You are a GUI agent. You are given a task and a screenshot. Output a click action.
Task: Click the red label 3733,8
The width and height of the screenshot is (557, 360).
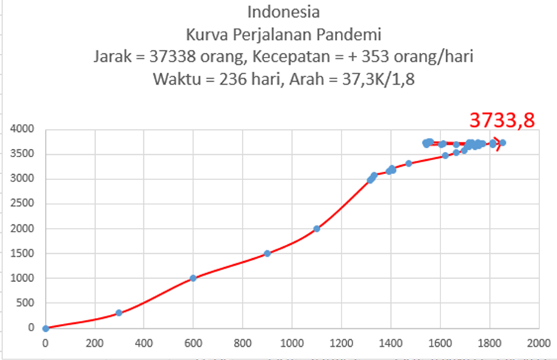click(502, 120)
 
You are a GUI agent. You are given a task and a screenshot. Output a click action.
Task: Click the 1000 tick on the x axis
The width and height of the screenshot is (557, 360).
click(291, 342)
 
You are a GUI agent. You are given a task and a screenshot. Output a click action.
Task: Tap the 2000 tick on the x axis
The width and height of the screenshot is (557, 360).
click(538, 342)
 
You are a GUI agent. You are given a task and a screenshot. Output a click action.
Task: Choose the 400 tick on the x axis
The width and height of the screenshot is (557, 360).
click(143, 342)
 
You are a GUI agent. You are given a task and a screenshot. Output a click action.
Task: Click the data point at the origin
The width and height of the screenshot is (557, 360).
click(45, 328)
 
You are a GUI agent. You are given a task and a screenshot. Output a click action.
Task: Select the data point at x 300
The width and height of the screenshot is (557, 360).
click(119, 313)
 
